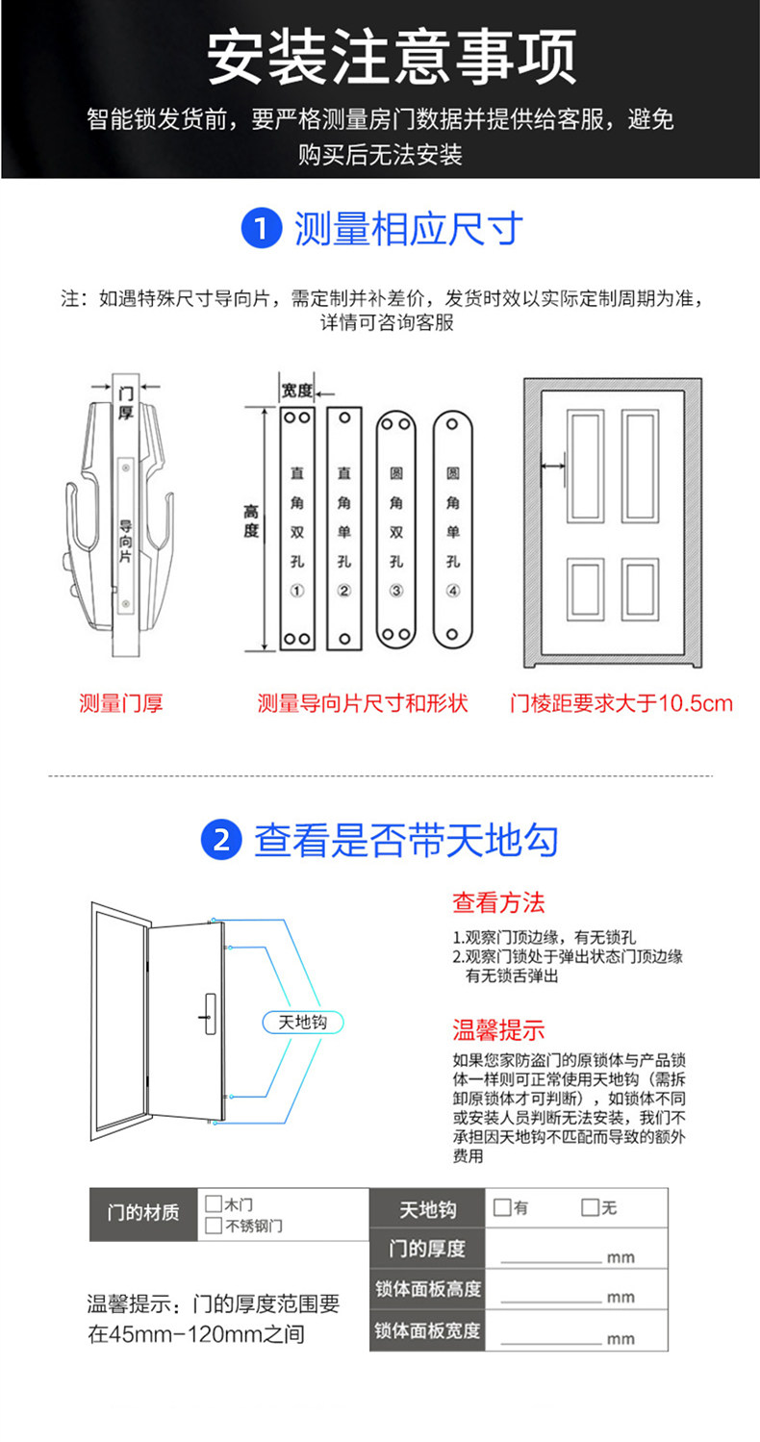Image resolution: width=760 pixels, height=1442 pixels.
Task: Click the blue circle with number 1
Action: point(260,230)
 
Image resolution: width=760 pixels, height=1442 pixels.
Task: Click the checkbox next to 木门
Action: point(214,1203)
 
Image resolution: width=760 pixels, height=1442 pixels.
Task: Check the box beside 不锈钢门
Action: point(214,1226)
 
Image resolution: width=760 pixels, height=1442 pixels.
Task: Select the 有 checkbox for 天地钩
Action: point(501,1207)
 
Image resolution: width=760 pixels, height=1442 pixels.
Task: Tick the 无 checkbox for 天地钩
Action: point(590,1207)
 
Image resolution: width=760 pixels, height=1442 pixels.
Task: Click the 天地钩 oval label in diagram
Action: point(302,1023)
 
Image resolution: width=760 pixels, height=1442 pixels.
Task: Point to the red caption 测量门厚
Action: point(121,703)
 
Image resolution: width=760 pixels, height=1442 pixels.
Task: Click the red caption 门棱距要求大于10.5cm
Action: point(621,703)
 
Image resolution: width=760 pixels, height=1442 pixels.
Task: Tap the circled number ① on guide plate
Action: point(297,591)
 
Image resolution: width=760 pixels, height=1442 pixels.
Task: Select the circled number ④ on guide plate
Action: point(453,591)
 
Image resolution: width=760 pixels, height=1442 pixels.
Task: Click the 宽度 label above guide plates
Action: point(297,391)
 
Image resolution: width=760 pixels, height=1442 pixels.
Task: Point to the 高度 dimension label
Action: point(250,521)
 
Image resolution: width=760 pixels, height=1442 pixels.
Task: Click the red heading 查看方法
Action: point(498,902)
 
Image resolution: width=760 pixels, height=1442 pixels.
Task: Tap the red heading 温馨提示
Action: point(498,1030)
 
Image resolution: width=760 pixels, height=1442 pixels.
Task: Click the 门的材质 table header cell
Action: point(143,1212)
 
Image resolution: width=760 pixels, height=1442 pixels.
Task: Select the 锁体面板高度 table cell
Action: point(428,1289)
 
